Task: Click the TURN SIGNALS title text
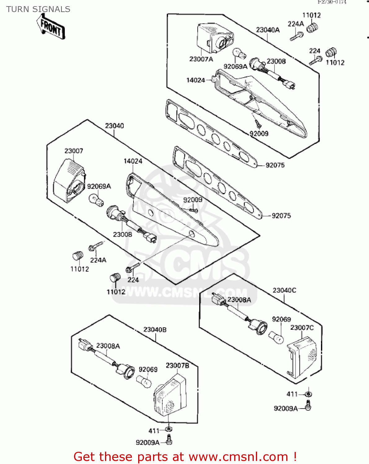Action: tap(38, 9)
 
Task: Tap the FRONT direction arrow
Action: tap(51, 28)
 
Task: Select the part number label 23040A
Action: tap(268, 30)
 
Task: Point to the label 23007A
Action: tap(201, 59)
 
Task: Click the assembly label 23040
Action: tap(114, 126)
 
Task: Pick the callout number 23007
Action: tap(74, 151)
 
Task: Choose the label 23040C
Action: tap(284, 290)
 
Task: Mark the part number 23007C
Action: tap(302, 328)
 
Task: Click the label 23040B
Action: tap(155, 329)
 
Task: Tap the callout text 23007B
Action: tap(177, 365)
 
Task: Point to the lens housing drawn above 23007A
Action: tap(215, 38)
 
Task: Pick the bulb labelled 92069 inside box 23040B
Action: tap(144, 381)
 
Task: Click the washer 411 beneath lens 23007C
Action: tap(308, 394)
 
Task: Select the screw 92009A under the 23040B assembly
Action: tap(169, 440)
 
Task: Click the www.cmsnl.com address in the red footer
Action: tap(238, 457)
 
